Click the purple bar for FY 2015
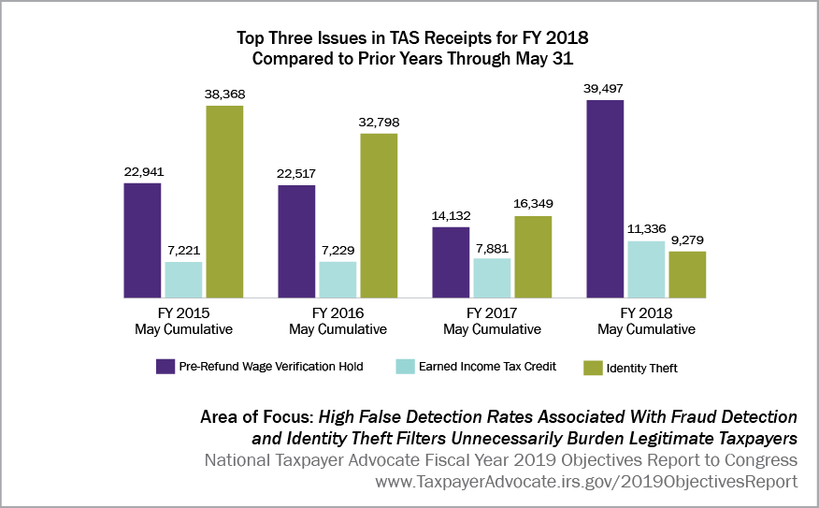coord(143,239)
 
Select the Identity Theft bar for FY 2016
coord(379,214)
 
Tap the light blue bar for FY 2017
coord(493,277)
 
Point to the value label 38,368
coord(224,94)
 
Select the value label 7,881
coord(493,248)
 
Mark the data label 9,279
coord(687,240)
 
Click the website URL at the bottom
coord(586,481)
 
